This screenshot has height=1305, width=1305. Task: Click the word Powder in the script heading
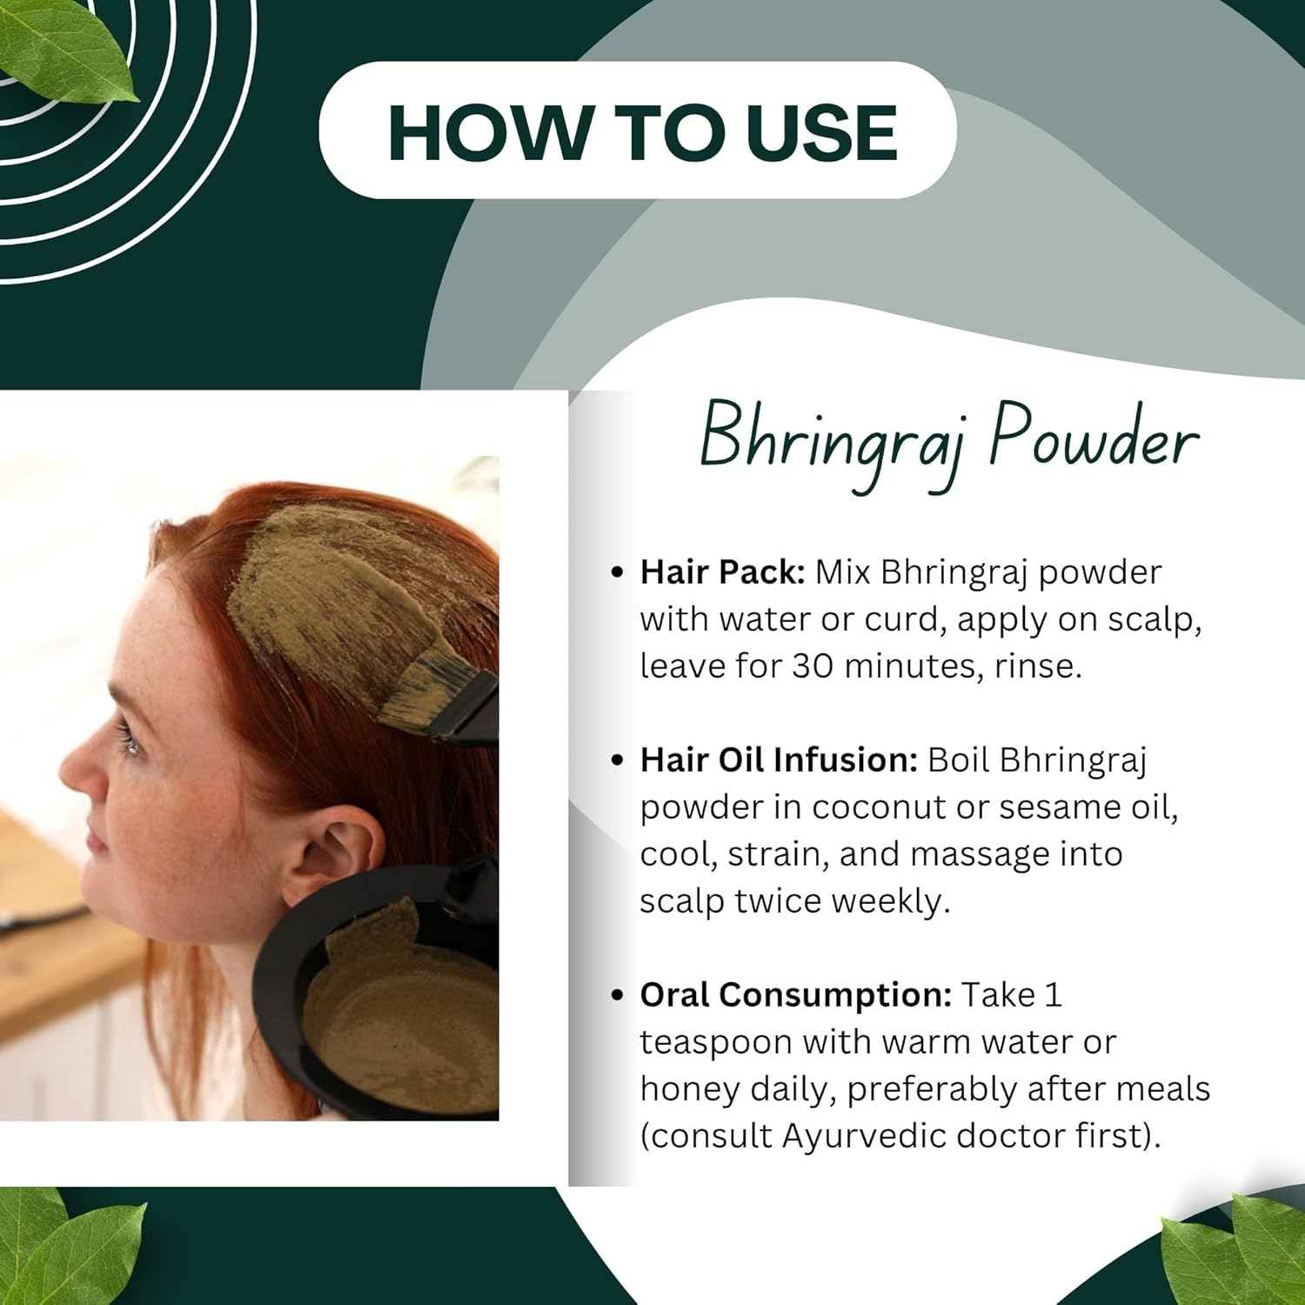tap(1094, 440)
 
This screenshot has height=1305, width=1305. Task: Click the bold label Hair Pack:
tap(722, 572)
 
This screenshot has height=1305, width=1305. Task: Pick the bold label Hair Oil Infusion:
tap(779, 760)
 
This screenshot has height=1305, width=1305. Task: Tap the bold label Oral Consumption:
tap(795, 995)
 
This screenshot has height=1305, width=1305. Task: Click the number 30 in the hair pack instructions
tap(813, 666)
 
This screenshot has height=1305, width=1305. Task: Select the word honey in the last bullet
tap(689, 1089)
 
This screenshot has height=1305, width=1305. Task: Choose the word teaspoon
tap(715, 1042)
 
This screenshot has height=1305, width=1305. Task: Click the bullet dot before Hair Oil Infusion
tap(618, 760)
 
